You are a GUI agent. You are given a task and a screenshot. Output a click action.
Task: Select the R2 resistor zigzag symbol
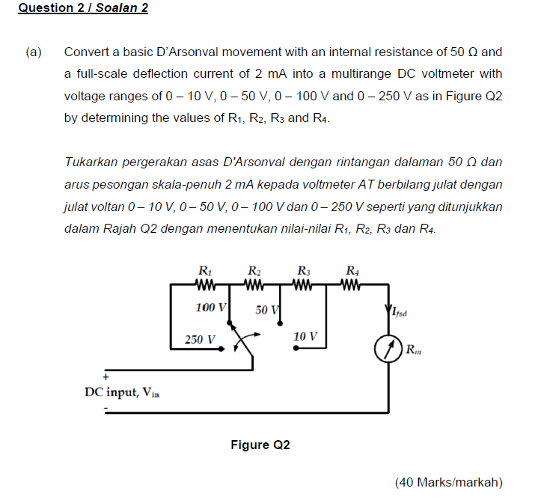(x=254, y=284)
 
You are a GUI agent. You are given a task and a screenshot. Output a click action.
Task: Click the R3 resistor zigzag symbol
(x=304, y=284)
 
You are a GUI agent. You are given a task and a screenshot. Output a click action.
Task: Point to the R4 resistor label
(x=353, y=271)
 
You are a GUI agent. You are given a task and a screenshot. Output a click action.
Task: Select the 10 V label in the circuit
(x=306, y=337)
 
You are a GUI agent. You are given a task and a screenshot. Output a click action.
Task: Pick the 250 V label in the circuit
(x=200, y=339)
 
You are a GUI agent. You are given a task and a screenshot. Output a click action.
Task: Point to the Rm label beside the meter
(x=413, y=348)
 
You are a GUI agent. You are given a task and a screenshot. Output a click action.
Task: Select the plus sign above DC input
(x=106, y=377)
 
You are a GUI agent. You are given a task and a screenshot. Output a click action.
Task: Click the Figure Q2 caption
(x=260, y=445)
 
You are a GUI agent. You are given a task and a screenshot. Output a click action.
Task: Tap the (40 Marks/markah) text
(x=448, y=482)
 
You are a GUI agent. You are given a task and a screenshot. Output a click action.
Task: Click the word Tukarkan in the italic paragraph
(x=91, y=162)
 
